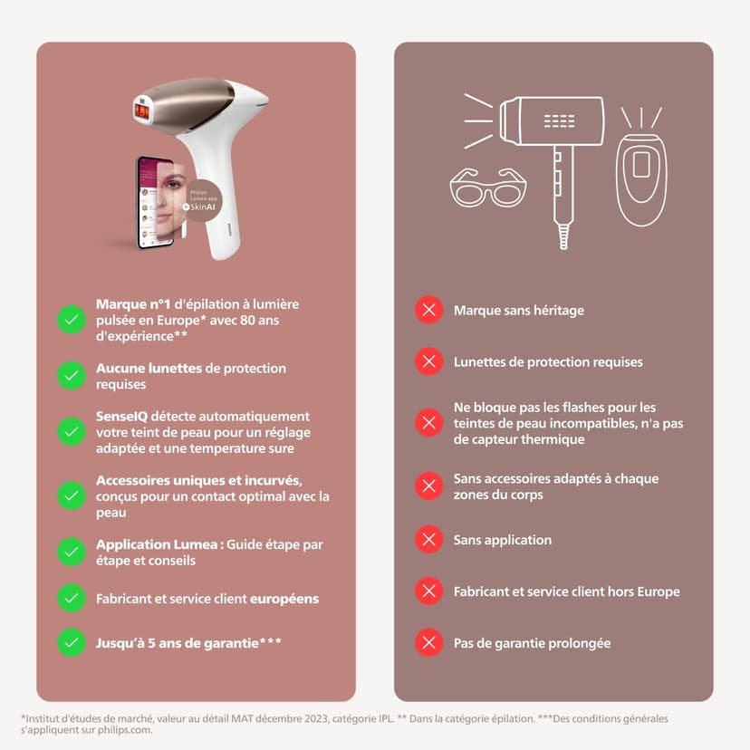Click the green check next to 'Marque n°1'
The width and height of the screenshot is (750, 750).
(71, 320)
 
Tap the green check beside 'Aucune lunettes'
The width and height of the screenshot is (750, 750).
(71, 376)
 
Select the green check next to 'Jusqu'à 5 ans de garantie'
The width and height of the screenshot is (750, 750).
(71, 643)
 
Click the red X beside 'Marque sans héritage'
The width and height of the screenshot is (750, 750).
(428, 311)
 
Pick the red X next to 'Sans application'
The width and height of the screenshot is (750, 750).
(428, 540)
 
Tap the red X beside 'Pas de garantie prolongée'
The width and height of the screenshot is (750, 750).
(428, 643)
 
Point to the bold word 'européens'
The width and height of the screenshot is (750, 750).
(284, 599)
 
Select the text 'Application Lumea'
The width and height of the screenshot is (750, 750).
(155, 544)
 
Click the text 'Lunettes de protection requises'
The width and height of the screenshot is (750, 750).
(548, 362)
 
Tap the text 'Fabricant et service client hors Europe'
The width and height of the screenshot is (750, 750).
(566, 591)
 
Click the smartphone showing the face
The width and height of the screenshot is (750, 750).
(156, 202)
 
